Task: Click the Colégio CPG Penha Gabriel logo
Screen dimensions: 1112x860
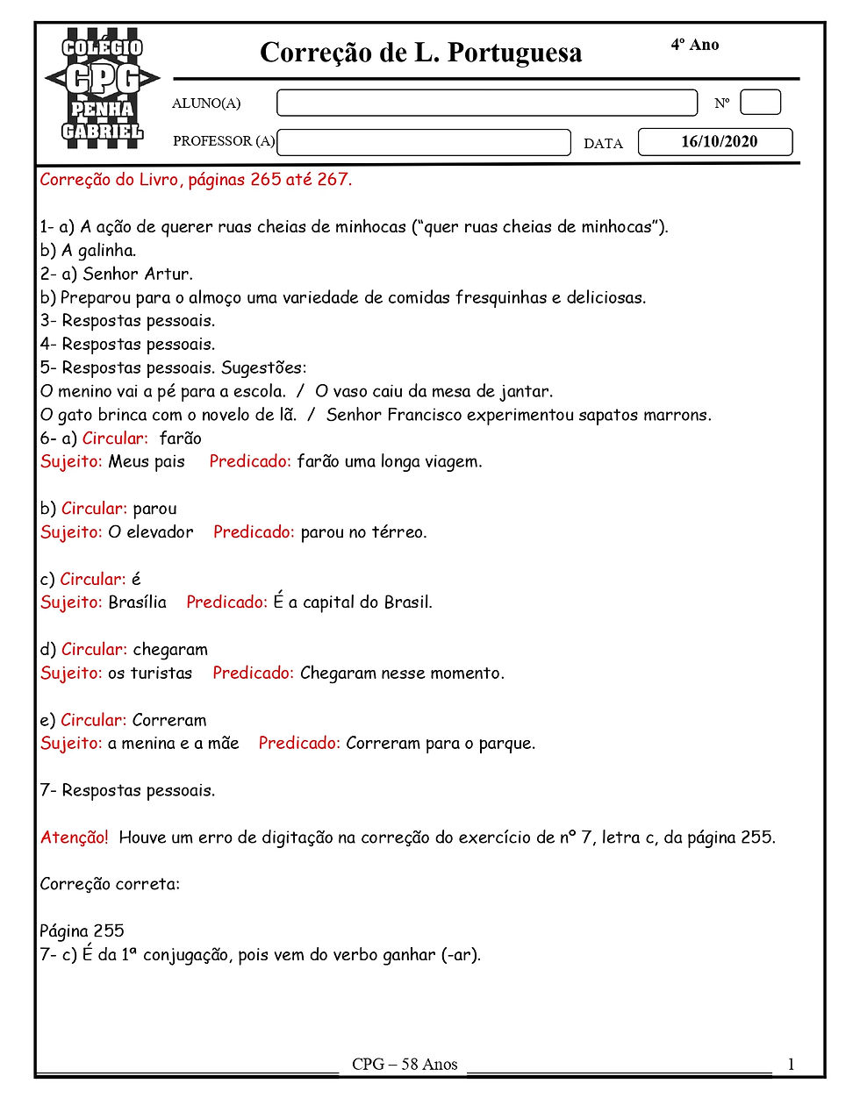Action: point(102,86)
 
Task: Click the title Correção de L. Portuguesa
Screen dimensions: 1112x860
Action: point(420,53)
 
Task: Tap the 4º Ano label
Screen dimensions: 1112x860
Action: point(694,45)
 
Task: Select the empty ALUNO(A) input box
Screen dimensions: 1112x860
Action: point(486,103)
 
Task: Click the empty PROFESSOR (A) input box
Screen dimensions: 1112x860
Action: point(423,142)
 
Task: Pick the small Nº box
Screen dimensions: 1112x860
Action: point(760,103)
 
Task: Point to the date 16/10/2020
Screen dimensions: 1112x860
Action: point(718,142)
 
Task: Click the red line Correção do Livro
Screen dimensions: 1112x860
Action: point(196,180)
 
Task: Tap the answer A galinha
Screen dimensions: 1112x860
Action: point(98,251)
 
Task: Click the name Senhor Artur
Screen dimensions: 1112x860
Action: point(138,274)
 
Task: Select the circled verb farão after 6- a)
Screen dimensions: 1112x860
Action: point(181,438)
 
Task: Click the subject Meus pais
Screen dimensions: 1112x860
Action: point(147,461)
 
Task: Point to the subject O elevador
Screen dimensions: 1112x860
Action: point(151,532)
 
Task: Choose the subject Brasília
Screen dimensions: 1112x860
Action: point(137,602)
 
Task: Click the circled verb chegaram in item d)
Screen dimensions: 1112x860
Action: point(170,650)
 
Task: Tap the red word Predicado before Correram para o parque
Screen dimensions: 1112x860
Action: point(298,744)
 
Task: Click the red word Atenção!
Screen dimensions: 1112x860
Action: point(75,838)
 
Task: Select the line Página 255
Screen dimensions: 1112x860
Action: point(82,931)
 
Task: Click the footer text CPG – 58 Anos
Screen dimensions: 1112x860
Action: point(405,1065)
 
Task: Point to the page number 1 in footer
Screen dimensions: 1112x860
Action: point(791,1065)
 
